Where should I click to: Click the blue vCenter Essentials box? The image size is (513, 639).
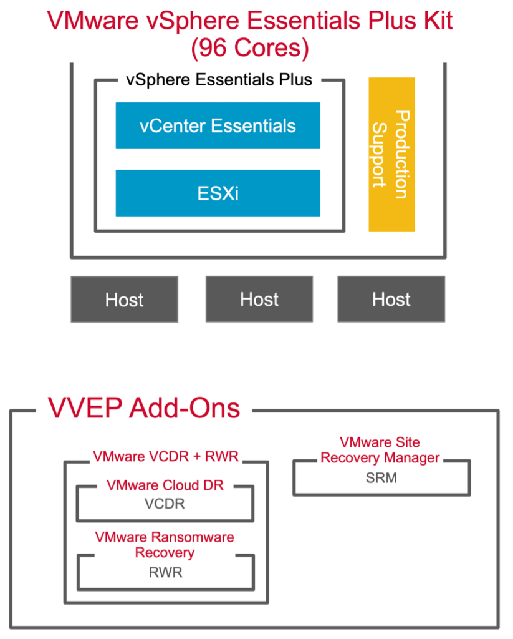[218, 125]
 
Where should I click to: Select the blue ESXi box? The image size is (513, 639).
[218, 193]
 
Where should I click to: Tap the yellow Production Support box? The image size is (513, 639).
[391, 154]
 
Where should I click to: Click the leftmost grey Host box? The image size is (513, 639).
[124, 300]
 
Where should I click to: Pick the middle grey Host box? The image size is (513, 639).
[259, 300]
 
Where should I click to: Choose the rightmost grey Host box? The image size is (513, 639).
[391, 300]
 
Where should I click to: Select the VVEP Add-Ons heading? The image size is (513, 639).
[144, 408]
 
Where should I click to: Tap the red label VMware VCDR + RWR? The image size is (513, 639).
[166, 456]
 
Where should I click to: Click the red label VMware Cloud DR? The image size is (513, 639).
[164, 485]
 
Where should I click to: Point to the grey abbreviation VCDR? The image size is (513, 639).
[165, 504]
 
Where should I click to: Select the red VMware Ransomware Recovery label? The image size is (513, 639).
[165, 544]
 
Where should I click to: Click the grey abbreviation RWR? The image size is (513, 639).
[165, 572]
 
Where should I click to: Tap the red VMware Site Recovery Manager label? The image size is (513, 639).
[380, 450]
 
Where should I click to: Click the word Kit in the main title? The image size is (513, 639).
[434, 21]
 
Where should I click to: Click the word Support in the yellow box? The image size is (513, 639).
[378, 154]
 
